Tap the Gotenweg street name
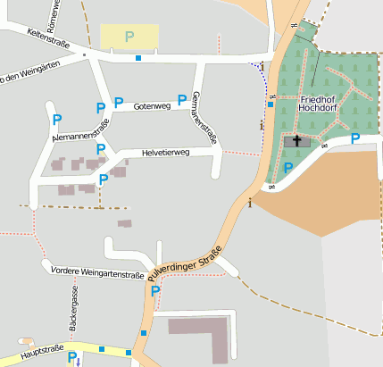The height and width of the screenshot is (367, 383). click(x=151, y=106)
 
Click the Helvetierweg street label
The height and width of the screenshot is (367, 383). click(x=165, y=154)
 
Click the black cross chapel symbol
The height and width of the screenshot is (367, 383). click(x=296, y=140)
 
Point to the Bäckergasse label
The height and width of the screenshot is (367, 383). click(x=62, y=306)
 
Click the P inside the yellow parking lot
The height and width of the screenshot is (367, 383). click(x=129, y=37)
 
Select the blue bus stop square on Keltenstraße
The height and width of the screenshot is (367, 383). click(x=137, y=59)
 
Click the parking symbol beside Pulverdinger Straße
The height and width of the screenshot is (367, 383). click(x=155, y=291)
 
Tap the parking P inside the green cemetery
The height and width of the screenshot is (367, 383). click(x=287, y=167)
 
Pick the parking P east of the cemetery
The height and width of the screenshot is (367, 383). click(x=354, y=138)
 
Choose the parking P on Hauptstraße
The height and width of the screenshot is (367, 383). click(x=72, y=357)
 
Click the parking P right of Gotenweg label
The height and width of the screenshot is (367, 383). click(x=182, y=99)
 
